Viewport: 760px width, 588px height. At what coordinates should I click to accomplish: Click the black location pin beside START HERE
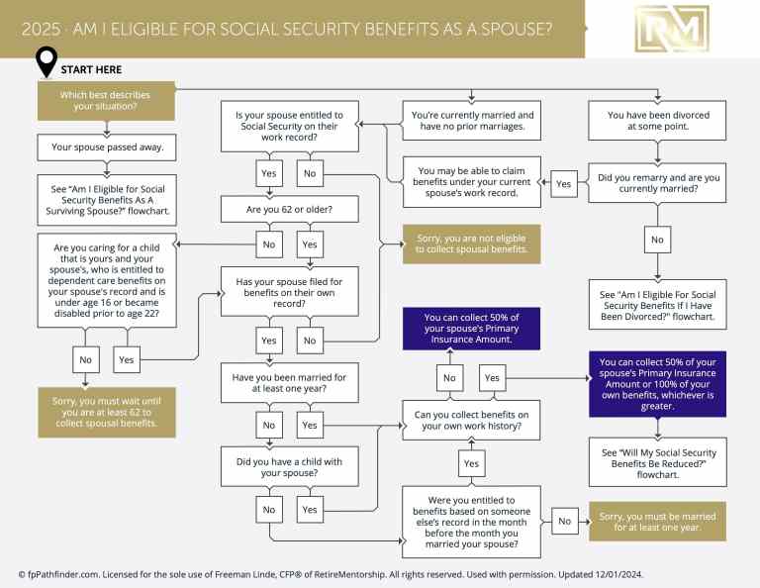tap(46, 62)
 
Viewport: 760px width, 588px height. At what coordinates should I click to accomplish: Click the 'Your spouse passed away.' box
tap(106, 147)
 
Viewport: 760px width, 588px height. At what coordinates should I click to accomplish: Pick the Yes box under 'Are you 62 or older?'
tap(309, 243)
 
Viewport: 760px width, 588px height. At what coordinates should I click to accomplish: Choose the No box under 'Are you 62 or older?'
tap(267, 243)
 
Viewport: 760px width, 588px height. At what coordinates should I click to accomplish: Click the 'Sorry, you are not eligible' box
tap(470, 244)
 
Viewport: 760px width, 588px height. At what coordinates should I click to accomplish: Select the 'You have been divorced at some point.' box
tap(658, 122)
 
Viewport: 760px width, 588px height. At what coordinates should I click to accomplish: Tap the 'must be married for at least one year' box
tap(657, 519)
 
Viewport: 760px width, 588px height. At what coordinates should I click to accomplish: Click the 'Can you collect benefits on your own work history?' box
tap(471, 420)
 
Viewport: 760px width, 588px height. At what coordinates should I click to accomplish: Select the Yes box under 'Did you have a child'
tap(309, 510)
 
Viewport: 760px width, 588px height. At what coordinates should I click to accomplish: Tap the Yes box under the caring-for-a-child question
tap(127, 360)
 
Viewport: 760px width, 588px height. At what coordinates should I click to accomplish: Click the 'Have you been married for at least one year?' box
tap(289, 382)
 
